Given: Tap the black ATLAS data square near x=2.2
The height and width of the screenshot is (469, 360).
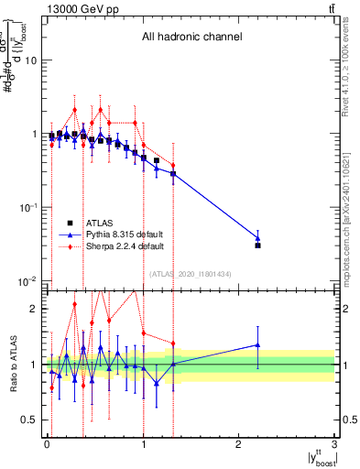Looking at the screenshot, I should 258,245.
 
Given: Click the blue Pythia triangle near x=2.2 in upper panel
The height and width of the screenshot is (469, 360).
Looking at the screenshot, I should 258,238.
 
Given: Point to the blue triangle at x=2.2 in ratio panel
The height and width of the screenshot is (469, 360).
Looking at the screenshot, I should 258,345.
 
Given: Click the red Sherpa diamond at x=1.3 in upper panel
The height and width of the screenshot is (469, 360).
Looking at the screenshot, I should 172,165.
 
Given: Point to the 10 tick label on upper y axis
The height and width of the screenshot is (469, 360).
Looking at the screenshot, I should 30,60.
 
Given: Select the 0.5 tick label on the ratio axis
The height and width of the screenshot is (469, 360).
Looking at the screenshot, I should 29,420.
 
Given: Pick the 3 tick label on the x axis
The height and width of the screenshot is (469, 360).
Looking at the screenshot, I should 335,445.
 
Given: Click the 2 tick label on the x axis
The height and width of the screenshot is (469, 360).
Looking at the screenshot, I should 239,445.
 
